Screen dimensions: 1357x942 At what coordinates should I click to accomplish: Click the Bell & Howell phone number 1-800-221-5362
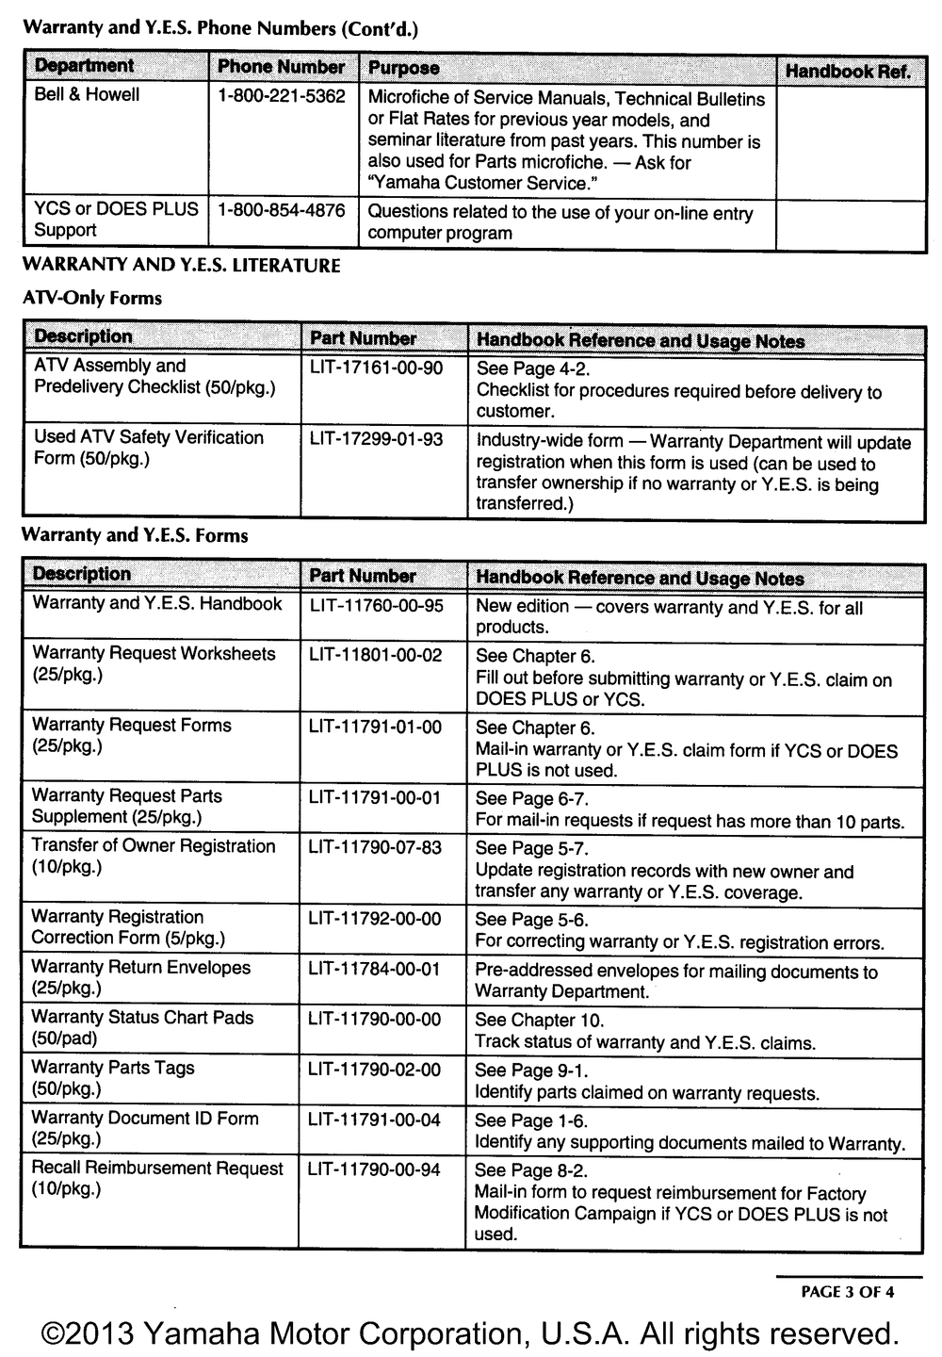[x=281, y=96]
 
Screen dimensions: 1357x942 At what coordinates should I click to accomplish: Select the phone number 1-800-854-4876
[x=281, y=210]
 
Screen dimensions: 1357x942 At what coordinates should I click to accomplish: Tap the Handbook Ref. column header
[x=848, y=72]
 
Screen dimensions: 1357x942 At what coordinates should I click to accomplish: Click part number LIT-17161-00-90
[x=376, y=368]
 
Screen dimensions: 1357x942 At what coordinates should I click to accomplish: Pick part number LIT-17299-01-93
[x=376, y=439]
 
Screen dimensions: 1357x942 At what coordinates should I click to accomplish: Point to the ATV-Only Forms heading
[x=91, y=299]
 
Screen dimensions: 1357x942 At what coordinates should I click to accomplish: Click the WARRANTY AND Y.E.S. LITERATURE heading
[x=181, y=266]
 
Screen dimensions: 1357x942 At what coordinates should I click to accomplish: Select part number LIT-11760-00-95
[x=376, y=606]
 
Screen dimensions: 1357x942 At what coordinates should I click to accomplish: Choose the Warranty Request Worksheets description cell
[x=154, y=664]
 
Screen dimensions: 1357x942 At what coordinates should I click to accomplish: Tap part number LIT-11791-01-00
[x=375, y=727]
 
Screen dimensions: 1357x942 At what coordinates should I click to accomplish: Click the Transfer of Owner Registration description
[x=154, y=857]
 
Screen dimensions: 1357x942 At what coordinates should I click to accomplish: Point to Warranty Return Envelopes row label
[x=140, y=977]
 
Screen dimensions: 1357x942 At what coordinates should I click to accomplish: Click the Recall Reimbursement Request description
[x=156, y=1178]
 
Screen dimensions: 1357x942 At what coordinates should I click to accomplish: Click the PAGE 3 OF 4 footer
[x=847, y=1292]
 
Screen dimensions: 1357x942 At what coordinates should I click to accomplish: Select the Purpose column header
[x=403, y=68]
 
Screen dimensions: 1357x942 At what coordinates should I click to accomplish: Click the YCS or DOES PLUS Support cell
[x=116, y=220]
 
